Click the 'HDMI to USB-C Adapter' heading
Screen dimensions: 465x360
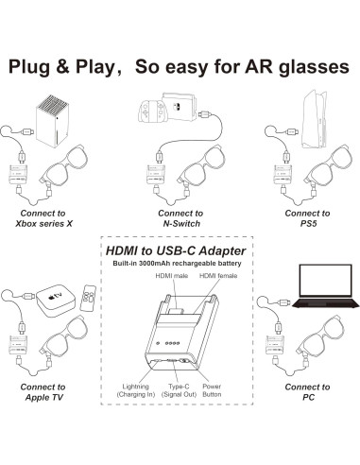[180, 249]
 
